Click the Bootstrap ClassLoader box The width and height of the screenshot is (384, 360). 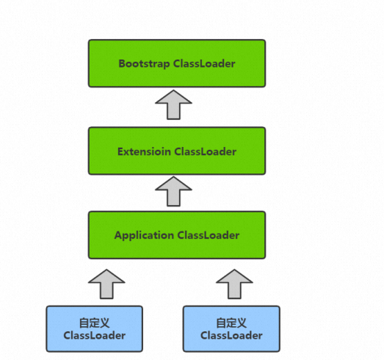[177, 63]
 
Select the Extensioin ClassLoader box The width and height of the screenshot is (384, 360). [177, 151]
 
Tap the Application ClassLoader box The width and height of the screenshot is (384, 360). [177, 235]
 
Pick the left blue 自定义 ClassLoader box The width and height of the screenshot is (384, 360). [95, 328]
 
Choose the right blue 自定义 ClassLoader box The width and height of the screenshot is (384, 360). [231, 328]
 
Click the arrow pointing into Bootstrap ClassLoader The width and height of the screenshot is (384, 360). [173, 104]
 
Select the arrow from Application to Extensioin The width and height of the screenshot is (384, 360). [173, 192]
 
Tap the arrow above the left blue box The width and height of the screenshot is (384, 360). [106, 284]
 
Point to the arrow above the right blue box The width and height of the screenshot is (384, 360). [234, 284]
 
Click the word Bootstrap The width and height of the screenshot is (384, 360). [144, 64]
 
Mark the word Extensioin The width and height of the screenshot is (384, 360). [144, 151]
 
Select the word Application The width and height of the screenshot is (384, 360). [144, 236]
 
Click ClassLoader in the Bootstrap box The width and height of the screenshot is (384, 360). [204, 63]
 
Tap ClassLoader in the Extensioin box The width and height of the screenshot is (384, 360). [206, 151]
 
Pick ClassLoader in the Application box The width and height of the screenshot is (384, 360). [209, 235]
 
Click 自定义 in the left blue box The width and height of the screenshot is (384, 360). [94, 323]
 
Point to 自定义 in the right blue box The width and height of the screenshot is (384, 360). [231, 323]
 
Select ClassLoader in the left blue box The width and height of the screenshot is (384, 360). [95, 335]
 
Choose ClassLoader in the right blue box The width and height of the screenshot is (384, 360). [231, 335]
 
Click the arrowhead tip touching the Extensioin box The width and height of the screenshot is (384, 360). [173, 176]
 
